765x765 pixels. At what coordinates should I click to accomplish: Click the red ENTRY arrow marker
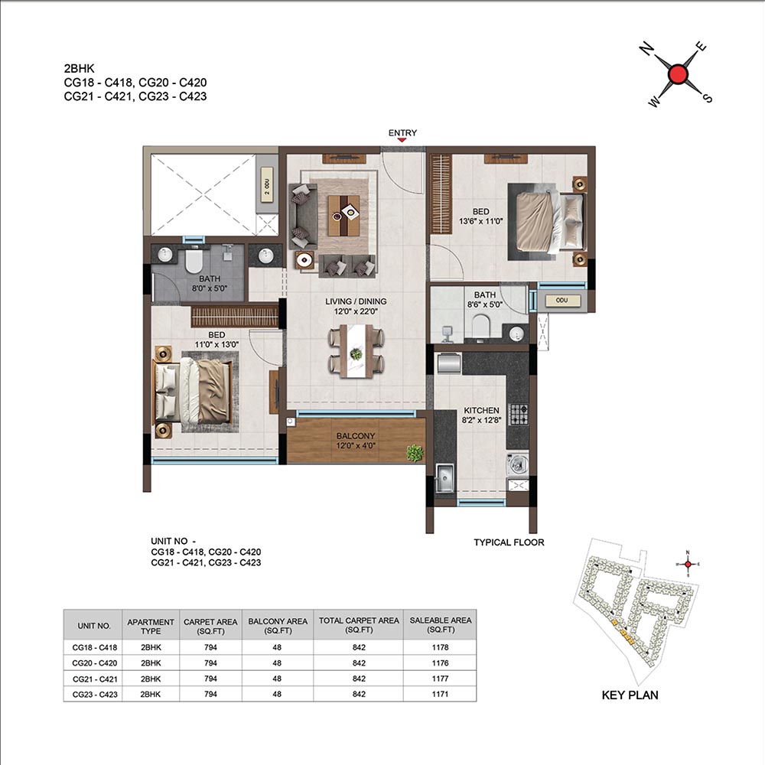pyautogui.click(x=402, y=141)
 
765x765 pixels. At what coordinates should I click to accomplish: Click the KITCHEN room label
pyautogui.click(x=481, y=410)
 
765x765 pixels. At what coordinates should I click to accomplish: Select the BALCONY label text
pyautogui.click(x=356, y=436)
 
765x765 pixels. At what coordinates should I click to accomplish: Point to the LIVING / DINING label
pyautogui.click(x=356, y=301)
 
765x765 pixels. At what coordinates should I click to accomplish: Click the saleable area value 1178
pyautogui.click(x=440, y=647)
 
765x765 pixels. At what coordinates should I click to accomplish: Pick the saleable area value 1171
pyautogui.click(x=440, y=695)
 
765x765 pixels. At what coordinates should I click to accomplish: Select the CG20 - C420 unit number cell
pyautogui.click(x=95, y=663)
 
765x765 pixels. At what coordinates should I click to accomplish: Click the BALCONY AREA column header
pyautogui.click(x=278, y=626)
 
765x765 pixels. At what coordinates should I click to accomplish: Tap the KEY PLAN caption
pyautogui.click(x=630, y=695)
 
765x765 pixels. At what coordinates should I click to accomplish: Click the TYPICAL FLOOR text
pyautogui.click(x=509, y=542)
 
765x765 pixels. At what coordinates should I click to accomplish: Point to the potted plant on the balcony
pyautogui.click(x=415, y=453)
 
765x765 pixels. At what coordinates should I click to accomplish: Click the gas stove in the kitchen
pyautogui.click(x=518, y=415)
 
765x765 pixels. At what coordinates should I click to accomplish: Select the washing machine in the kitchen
pyautogui.click(x=517, y=464)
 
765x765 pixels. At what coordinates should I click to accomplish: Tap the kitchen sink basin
pyautogui.click(x=444, y=477)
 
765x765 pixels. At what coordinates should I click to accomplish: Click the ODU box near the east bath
pyautogui.click(x=562, y=301)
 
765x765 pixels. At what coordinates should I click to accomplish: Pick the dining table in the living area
pyautogui.click(x=356, y=351)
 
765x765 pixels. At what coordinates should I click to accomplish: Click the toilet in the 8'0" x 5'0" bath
pyautogui.click(x=194, y=262)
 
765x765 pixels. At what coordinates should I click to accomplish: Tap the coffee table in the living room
pyautogui.click(x=343, y=215)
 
